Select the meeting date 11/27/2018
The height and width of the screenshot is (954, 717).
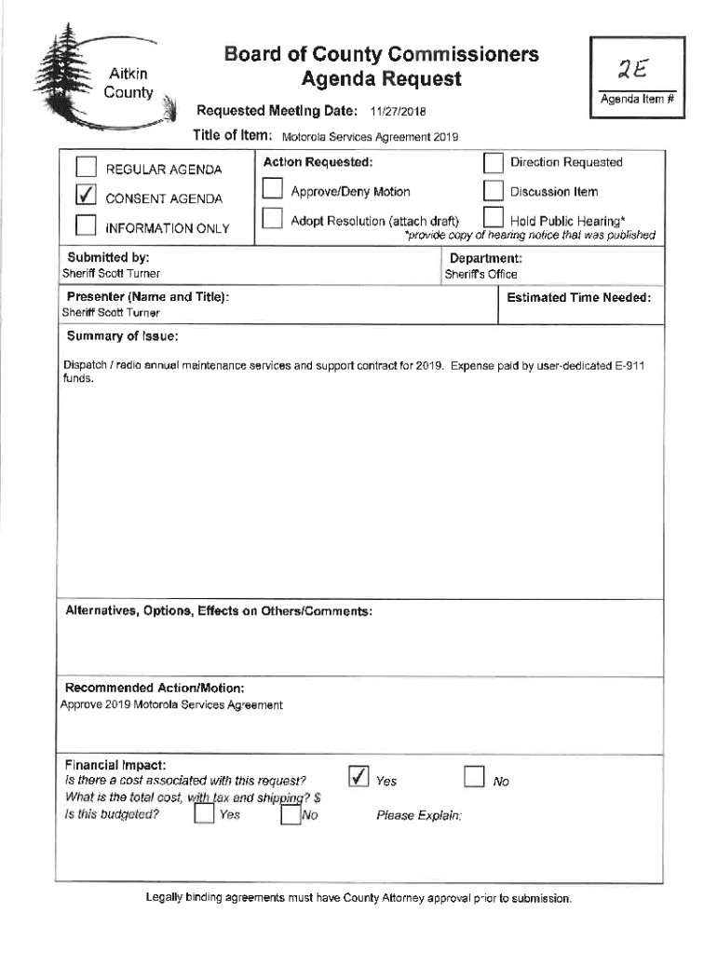(398, 113)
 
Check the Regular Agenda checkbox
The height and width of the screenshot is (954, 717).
(86, 168)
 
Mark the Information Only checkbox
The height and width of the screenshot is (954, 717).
(86, 226)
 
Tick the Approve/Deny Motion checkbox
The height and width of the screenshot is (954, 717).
(272, 191)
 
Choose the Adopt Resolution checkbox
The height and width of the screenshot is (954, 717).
(272, 220)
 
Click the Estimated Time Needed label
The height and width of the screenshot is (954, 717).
(578, 297)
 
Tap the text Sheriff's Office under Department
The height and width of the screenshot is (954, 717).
(480, 275)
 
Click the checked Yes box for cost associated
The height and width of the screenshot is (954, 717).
(358, 777)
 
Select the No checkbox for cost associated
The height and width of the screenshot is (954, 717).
(474, 777)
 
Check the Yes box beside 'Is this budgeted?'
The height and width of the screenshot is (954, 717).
(202, 815)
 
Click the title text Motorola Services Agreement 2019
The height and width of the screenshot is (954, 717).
(369, 137)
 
